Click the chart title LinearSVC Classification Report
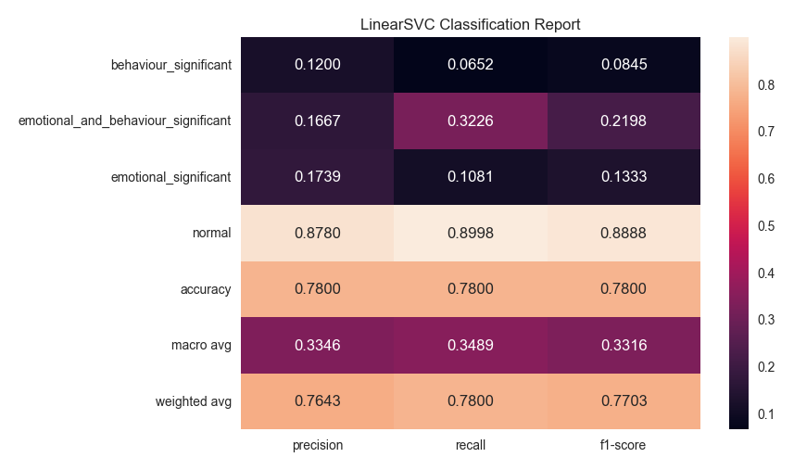(470, 24)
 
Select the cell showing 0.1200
(317, 65)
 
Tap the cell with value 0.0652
(470, 65)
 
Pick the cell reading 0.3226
(470, 121)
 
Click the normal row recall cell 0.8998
(470, 234)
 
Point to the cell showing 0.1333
(623, 177)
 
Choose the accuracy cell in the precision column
(317, 289)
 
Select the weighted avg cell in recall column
(470, 401)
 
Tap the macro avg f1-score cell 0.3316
(623, 346)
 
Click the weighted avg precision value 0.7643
(317, 401)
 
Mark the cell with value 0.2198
(623, 121)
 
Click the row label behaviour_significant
(170, 65)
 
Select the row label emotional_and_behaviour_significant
(124, 121)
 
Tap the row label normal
(211, 234)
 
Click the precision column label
(317, 445)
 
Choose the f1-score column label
(623, 445)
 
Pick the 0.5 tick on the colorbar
(766, 226)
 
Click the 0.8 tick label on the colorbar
(766, 84)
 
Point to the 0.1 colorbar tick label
(766, 414)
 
